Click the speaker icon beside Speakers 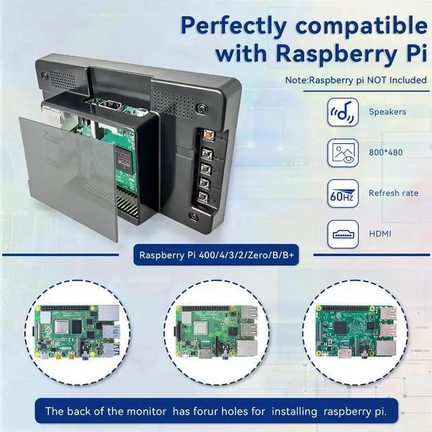tap(342, 113)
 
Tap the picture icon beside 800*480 tap(342, 153)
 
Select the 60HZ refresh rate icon tap(342, 193)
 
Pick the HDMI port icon tap(342, 234)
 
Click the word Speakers tap(387, 112)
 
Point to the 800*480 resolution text tap(385, 153)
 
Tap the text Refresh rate tap(393, 193)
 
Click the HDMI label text tap(380, 234)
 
